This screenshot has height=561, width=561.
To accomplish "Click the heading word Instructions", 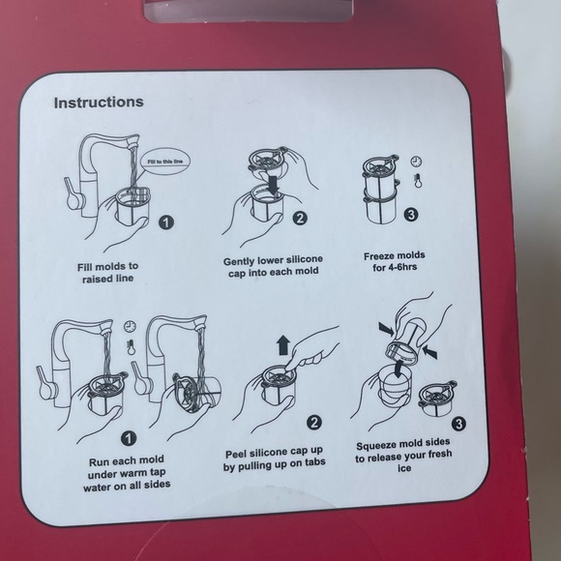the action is [99, 103].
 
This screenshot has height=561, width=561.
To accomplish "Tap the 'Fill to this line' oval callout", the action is [165, 162].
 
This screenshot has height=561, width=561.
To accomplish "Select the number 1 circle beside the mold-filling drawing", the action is [166, 222].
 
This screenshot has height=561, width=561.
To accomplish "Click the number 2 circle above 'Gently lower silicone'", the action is [300, 218].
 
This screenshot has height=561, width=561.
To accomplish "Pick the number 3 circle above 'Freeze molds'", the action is [411, 215].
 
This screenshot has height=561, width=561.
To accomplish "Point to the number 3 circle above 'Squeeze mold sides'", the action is [458, 424].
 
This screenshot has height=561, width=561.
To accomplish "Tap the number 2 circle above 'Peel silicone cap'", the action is [313, 423].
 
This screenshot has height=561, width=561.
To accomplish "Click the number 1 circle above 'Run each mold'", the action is [129, 438].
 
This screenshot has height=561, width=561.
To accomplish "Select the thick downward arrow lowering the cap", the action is [274, 184].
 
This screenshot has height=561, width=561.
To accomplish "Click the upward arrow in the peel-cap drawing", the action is [283, 345].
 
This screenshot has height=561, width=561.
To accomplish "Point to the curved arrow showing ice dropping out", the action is [399, 369].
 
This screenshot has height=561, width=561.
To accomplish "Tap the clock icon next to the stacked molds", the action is [416, 162].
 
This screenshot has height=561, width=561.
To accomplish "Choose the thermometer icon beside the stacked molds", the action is [417, 181].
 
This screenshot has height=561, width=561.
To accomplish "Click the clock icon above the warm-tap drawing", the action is [130, 326].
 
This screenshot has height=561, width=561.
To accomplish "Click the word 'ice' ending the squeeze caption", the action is [404, 468].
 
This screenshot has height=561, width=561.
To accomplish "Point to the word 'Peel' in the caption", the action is [236, 455].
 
